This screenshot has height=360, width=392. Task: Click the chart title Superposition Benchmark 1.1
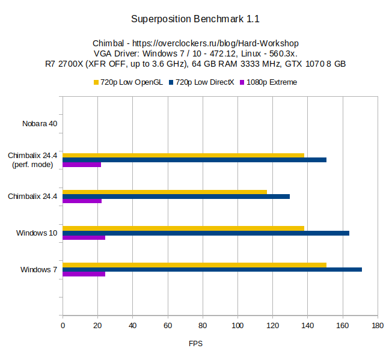(x=195, y=19)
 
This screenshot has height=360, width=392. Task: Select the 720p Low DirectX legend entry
(x=201, y=82)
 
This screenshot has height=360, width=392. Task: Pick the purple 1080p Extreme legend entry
(x=268, y=82)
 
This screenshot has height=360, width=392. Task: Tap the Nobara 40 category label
(x=40, y=124)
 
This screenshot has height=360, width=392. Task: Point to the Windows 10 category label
(x=37, y=233)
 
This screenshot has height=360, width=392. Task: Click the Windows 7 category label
(x=39, y=269)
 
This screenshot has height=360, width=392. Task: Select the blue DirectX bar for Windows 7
(x=212, y=269)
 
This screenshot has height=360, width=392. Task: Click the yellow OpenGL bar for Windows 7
(x=194, y=264)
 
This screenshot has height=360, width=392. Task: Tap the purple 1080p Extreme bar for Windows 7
(x=84, y=274)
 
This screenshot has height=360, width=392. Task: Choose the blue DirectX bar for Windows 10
(x=206, y=233)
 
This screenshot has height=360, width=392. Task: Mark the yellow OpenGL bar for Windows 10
(x=183, y=228)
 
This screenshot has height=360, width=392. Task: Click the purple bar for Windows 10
(x=84, y=237)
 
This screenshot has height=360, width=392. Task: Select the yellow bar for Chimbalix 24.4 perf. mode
(x=183, y=155)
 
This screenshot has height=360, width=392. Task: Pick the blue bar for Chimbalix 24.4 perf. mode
(x=194, y=160)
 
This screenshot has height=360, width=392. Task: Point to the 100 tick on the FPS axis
(x=237, y=326)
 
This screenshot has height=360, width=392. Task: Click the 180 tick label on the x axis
(x=378, y=326)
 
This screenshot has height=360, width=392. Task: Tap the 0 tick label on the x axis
(x=63, y=326)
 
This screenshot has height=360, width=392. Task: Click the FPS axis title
(x=195, y=344)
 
